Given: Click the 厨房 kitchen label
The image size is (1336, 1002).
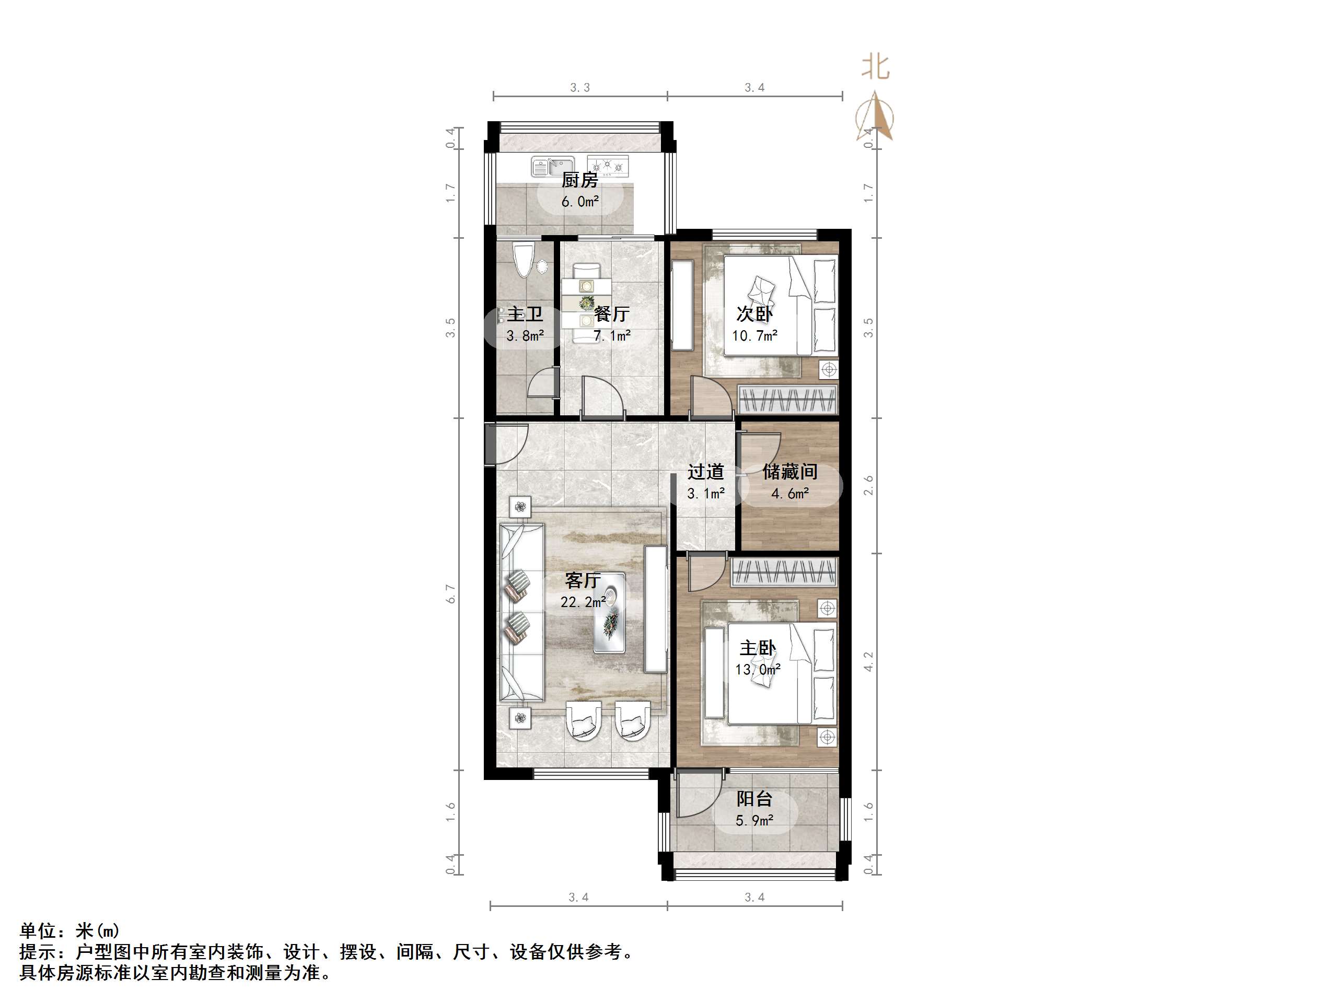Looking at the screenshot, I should point(579,180).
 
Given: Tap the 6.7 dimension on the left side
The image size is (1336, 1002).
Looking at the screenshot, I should point(450,593).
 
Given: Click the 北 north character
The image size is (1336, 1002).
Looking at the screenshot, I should point(875,67).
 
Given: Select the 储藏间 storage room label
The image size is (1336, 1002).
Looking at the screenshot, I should point(789,472).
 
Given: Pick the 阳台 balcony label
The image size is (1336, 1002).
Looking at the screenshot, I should point(754,799).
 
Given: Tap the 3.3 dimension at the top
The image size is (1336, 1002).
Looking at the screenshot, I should point(580,88).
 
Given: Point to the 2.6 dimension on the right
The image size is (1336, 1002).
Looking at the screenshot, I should point(868,485).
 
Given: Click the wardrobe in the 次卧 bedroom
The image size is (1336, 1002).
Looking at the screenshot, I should point(787,400).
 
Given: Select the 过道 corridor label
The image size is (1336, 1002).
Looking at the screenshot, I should point(705,472).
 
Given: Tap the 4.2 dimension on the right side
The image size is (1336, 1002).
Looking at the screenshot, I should point(868,662).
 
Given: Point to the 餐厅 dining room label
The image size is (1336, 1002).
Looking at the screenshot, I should point(611,314).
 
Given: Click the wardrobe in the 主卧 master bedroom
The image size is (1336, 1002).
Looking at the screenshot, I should point(784,572).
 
